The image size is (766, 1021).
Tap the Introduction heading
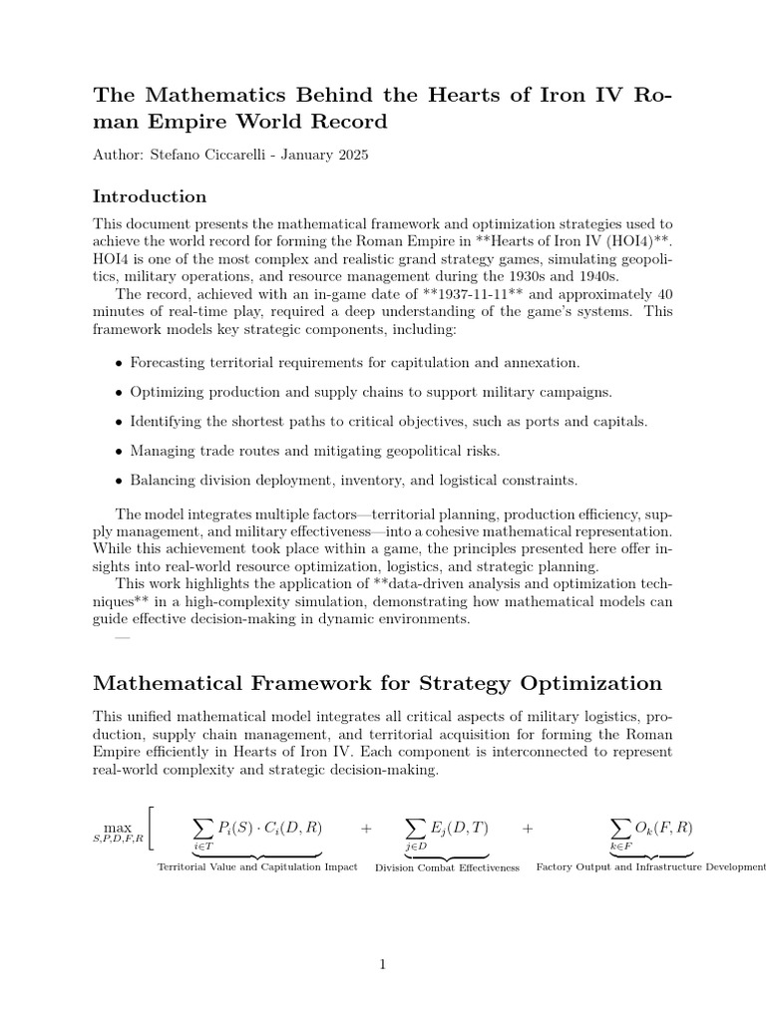[x=150, y=196]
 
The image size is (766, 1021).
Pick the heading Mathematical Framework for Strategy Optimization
[x=377, y=683]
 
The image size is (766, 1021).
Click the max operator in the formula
[x=118, y=828]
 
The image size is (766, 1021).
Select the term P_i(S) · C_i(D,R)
[x=269, y=828]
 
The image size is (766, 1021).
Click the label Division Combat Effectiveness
[x=447, y=867]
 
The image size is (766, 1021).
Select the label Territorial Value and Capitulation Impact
[x=257, y=867]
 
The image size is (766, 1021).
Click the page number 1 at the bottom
[x=382, y=963]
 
